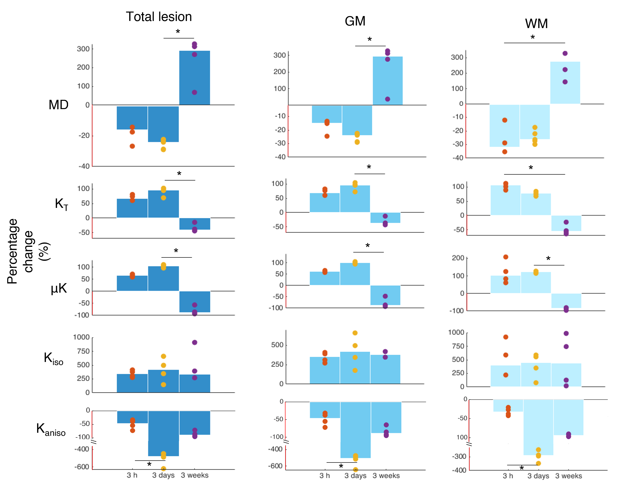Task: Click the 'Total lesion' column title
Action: coord(159,17)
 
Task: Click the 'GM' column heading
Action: coord(355,21)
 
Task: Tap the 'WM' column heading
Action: coord(536,24)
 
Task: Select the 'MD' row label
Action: coord(59,105)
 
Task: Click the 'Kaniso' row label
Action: coord(51,429)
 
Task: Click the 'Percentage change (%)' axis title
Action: coord(28,251)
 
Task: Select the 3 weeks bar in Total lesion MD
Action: coord(194,78)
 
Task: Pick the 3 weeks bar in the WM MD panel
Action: coord(565,83)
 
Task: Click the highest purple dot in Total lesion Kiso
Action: coord(194,342)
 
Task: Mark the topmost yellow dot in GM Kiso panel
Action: coord(355,333)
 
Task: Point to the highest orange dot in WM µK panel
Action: coord(505,257)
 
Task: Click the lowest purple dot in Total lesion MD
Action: coord(194,92)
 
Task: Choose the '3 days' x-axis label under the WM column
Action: coord(538,476)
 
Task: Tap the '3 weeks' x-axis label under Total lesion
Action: coord(194,475)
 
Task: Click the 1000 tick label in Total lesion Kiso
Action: coord(81,337)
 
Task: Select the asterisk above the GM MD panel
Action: coord(370,39)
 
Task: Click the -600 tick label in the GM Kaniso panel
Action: coord(275,466)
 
